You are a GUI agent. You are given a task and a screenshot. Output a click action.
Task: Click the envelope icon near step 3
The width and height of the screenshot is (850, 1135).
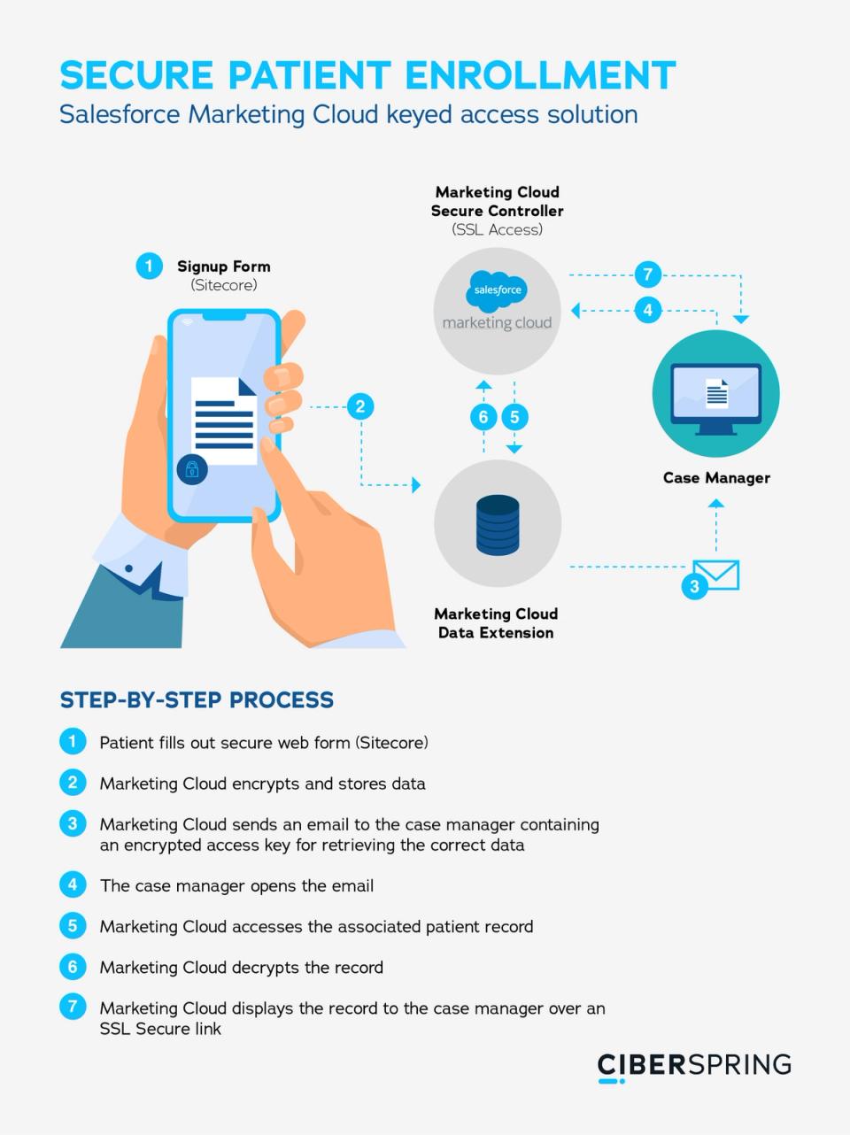(716, 575)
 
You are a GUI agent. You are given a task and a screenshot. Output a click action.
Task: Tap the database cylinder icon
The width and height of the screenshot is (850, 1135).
(498, 524)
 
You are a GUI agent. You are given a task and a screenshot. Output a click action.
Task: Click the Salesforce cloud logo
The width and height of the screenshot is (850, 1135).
(497, 290)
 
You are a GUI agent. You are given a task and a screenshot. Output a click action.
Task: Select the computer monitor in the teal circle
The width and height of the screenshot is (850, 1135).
(716, 397)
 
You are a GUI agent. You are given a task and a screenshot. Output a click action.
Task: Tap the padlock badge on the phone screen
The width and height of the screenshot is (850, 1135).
(191, 468)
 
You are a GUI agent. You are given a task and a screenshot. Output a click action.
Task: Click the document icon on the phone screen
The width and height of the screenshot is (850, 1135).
(224, 420)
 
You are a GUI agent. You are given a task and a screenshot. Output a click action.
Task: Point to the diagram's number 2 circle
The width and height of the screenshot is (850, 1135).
(359, 406)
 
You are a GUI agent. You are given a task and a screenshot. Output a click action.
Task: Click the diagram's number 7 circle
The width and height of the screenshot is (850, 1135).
(648, 274)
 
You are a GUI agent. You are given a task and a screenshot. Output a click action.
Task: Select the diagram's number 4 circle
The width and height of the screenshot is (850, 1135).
(648, 310)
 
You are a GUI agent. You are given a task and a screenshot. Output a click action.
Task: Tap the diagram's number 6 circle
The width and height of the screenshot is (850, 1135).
(483, 417)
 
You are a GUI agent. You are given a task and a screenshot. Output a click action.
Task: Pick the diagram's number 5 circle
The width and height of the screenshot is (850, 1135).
(514, 417)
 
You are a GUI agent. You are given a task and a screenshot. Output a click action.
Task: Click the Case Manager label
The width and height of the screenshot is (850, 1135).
(716, 478)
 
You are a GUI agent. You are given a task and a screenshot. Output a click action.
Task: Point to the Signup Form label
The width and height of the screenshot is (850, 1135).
(223, 266)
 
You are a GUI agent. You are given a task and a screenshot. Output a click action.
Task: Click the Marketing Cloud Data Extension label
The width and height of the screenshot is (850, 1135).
(496, 623)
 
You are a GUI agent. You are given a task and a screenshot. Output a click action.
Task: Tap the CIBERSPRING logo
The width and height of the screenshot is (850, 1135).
(694, 1065)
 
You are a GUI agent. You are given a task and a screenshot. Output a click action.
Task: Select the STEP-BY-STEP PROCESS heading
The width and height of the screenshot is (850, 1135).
(197, 700)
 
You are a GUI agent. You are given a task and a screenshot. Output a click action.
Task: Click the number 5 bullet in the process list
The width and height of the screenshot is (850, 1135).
(73, 926)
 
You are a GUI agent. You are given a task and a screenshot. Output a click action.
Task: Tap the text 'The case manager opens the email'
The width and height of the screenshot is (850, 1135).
(237, 885)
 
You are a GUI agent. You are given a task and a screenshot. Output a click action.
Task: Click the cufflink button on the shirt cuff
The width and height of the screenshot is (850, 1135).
(129, 567)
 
